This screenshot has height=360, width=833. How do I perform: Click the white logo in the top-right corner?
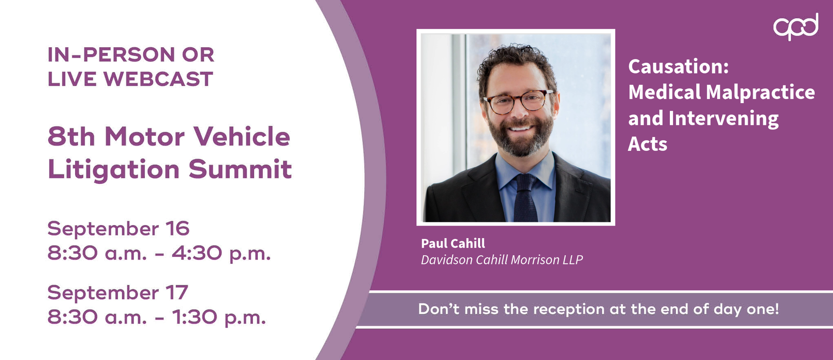(x=796, y=26)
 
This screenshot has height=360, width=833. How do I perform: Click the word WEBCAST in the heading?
(x=158, y=79)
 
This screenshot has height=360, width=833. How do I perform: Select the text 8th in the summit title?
(x=71, y=137)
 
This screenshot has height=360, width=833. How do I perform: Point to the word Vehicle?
(x=242, y=137)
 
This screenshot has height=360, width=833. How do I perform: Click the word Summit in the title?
(x=240, y=169)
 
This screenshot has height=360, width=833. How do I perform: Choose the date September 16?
(x=118, y=229)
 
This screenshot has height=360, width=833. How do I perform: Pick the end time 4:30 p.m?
(x=221, y=253)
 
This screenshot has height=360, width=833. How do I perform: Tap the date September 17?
(x=118, y=293)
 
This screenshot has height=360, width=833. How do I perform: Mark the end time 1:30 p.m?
(x=219, y=317)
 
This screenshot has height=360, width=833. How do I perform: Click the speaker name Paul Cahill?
(x=453, y=243)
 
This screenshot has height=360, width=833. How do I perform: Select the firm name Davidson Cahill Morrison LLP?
(x=502, y=260)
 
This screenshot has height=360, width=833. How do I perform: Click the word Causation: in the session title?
(x=679, y=66)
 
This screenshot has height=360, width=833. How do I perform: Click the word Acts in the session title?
(x=648, y=144)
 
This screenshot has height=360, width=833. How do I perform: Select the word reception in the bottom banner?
(x=569, y=309)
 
